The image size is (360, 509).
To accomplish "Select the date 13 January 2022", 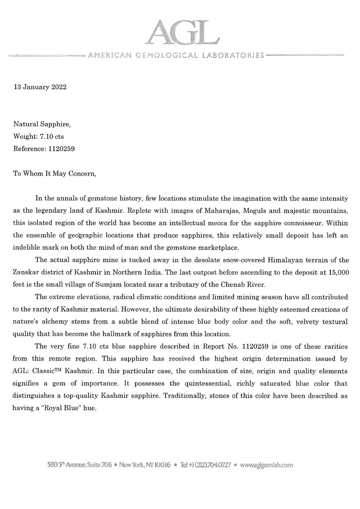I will (x=40, y=87).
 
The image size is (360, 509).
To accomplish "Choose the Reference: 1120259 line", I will (x=44, y=148).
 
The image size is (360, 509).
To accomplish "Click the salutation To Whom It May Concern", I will (x=54, y=173).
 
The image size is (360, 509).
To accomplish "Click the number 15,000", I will (x=338, y=273).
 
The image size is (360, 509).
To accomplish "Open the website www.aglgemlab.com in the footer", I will (x=267, y=465).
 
